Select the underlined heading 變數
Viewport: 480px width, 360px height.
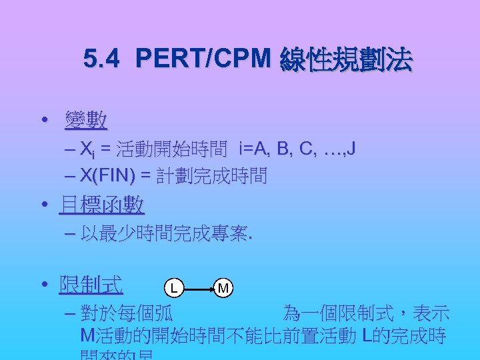(86, 121)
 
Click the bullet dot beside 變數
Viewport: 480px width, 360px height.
(44, 121)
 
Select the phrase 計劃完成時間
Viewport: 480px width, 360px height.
(211, 176)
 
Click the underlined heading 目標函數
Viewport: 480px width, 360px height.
(101, 205)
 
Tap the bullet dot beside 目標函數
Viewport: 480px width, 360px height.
(44, 205)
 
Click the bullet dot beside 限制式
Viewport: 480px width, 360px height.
(44, 286)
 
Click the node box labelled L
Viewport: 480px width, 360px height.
(173, 288)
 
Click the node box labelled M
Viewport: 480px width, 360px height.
(223, 288)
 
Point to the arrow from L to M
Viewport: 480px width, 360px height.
(198, 288)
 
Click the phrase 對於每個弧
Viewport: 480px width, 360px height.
(127, 313)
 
